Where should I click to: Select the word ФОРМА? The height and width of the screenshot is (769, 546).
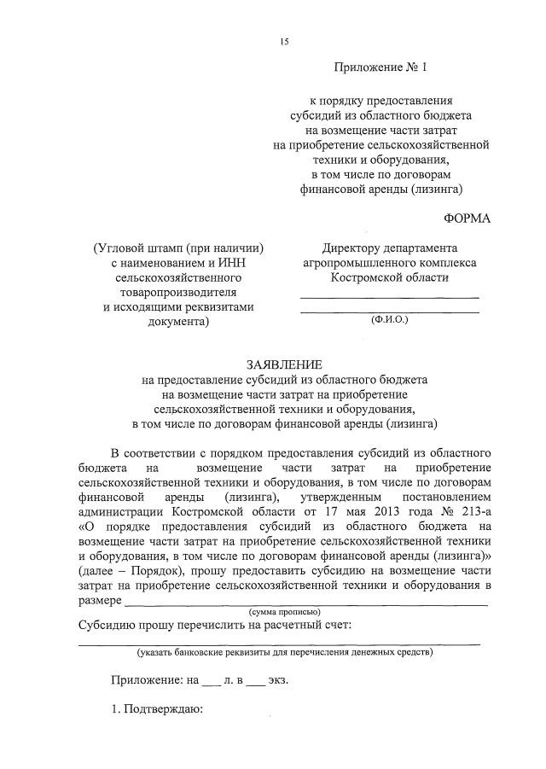pyautogui.click(x=468, y=218)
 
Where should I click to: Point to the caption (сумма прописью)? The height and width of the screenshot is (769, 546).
pyautogui.click(x=284, y=613)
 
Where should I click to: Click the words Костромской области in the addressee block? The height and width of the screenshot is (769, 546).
pyautogui.click(x=389, y=278)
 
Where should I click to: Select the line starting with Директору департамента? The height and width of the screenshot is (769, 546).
pyautogui.click(x=389, y=248)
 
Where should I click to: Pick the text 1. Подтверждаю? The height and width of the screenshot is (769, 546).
pyautogui.click(x=155, y=709)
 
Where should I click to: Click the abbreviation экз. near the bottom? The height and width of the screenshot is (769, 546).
pyautogui.click(x=277, y=680)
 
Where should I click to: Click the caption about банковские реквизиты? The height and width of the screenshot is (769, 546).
pyautogui.click(x=284, y=653)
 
